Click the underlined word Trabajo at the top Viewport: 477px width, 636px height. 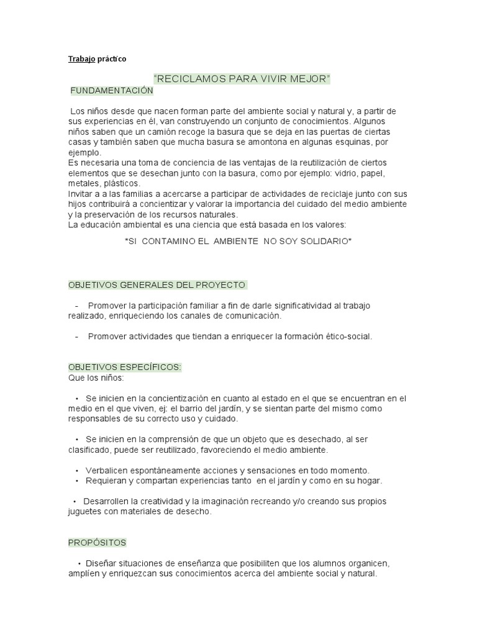pyautogui.click(x=79, y=59)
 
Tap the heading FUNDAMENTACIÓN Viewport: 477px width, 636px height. pyautogui.click(x=112, y=91)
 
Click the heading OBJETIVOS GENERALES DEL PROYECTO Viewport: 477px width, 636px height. pyautogui.click(x=157, y=284)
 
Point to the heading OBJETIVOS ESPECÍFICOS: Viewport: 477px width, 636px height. pyautogui.click(x=124, y=367)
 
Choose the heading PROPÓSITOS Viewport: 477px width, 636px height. pyautogui.click(x=97, y=542)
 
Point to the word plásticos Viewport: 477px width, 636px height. pyautogui.click(x=122, y=183)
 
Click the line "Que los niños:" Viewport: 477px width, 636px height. pyautogui.click(x=96, y=377)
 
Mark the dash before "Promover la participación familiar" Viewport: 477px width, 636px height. pyautogui.click(x=76, y=306)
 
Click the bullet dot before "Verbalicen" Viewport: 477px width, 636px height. pyautogui.click(x=76, y=470)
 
